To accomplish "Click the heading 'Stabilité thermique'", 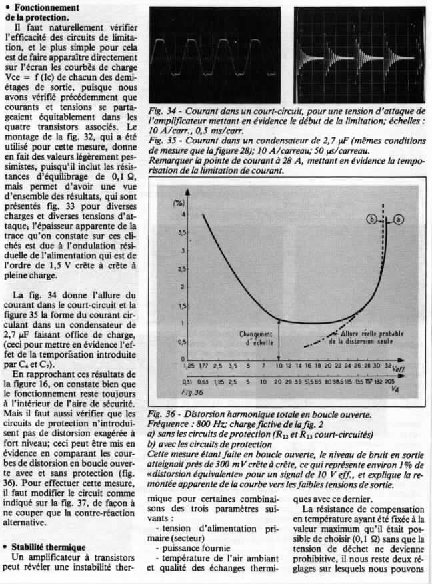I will coord(45,547).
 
